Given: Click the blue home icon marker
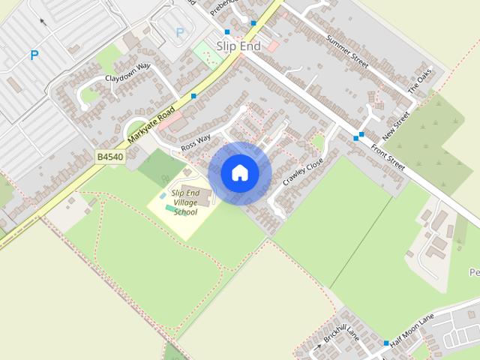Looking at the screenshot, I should coord(239,173).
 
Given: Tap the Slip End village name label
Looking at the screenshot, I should coord(238,46).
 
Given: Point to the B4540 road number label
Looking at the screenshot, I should coord(109,157).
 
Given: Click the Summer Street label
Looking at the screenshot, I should coord(347,51).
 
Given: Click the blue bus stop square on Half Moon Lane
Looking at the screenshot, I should coord(386,343).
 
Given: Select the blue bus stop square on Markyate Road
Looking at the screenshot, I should coord(193,96).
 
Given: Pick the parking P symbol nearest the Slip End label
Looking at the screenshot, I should coord(179,32).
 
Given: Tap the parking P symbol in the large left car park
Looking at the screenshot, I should coord(34,55).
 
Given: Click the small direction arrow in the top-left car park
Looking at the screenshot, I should coord(42,22).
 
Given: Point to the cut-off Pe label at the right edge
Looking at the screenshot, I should coord(473,271).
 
